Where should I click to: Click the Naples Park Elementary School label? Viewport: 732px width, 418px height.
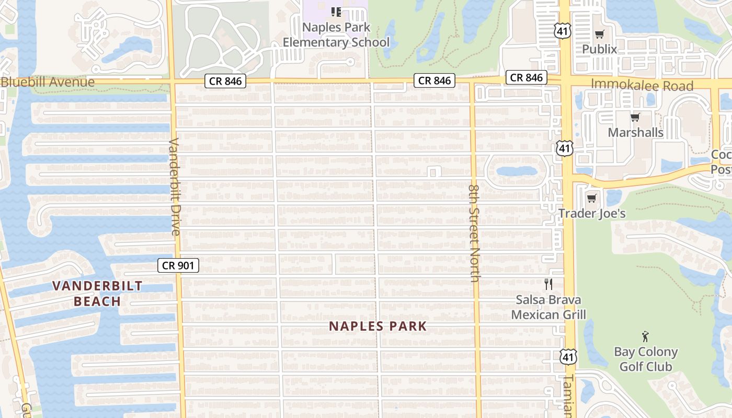click(336, 34)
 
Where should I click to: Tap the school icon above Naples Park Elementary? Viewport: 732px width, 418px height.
click(336, 11)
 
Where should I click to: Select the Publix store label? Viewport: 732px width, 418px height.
click(600, 49)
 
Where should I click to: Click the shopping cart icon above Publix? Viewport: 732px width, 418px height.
click(599, 34)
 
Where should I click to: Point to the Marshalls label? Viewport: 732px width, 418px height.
click(635, 132)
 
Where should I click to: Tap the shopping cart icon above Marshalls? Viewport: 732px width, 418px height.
click(635, 118)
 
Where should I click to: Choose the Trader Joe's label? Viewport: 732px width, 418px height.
click(592, 213)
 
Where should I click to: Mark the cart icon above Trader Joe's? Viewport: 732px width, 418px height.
click(591, 199)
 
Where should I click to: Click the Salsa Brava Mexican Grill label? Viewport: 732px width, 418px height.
click(548, 307)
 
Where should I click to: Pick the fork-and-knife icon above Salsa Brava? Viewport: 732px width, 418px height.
click(548, 284)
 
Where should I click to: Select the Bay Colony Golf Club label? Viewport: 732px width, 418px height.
click(646, 359)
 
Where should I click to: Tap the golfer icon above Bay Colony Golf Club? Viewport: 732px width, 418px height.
click(646, 336)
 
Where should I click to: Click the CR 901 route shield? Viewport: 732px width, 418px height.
click(178, 265)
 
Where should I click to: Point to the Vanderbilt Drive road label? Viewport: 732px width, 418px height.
click(174, 187)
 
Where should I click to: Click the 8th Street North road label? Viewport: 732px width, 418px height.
click(474, 233)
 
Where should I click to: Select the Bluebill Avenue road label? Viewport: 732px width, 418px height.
click(48, 82)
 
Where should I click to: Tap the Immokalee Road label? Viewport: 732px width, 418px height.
click(642, 85)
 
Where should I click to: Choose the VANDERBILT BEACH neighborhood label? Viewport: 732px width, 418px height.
click(98, 293)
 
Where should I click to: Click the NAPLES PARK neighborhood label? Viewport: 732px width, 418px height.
click(378, 326)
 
